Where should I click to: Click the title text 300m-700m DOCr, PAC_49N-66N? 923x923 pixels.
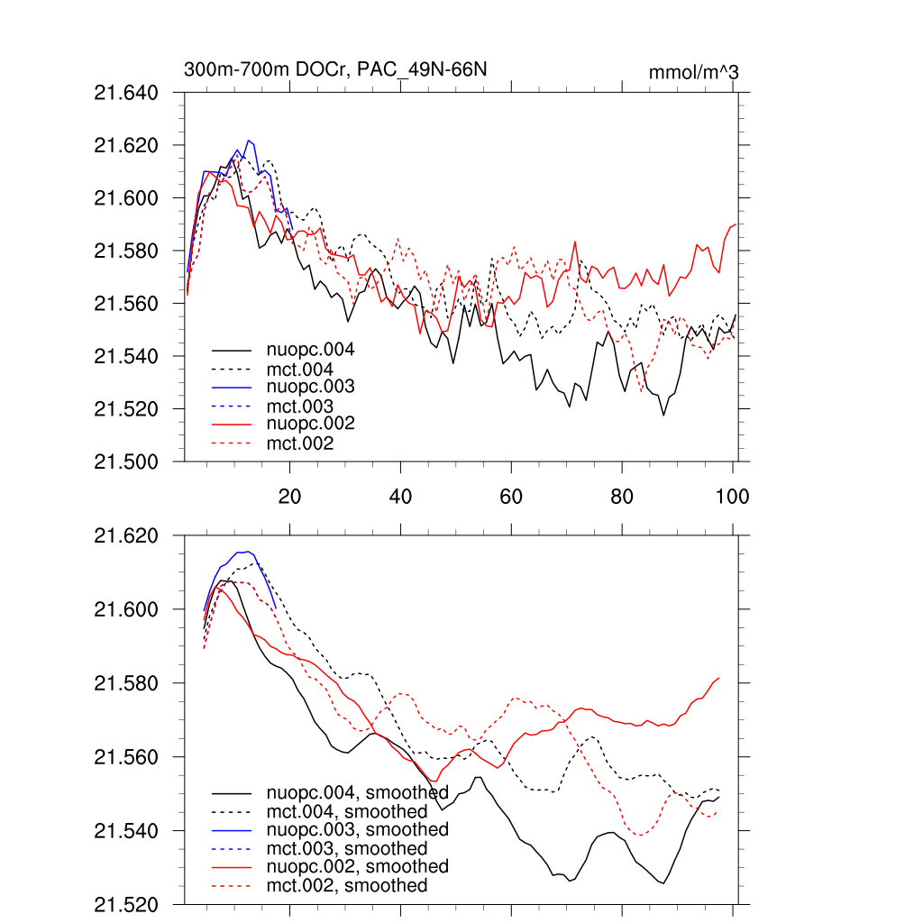coord(336,69)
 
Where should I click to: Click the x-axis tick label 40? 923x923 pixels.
coord(400,497)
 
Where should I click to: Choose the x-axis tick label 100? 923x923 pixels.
coord(732,497)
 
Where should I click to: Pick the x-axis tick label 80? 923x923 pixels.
coord(622,497)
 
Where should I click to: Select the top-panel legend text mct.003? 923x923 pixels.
coord(299,407)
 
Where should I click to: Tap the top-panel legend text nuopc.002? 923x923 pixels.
coord(310,424)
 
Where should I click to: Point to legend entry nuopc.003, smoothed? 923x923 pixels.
coord(358,829)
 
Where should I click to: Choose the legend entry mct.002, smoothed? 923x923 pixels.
coord(347,886)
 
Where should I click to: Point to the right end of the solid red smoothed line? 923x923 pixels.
coord(719,678)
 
